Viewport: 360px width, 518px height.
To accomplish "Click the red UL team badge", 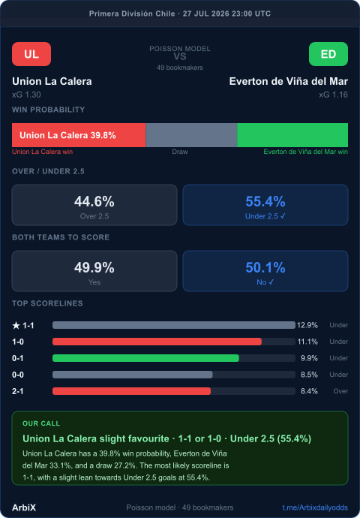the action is [x=31, y=54].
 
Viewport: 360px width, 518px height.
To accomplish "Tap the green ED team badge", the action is [x=328, y=54].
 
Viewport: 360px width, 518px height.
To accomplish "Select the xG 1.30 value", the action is [x=26, y=95].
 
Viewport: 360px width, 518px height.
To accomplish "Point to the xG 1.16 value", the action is [x=333, y=95].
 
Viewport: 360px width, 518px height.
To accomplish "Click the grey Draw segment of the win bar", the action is [x=191, y=135].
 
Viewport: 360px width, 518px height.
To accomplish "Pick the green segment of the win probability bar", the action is [x=292, y=135].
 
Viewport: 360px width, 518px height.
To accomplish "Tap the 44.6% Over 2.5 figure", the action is [x=94, y=201].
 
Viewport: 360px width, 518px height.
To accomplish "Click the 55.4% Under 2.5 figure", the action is [x=265, y=201].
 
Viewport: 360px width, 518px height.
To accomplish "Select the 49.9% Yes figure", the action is [x=94, y=267].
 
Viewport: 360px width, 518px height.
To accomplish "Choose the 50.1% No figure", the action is [x=265, y=267].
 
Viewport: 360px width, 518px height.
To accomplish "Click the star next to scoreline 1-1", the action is [x=16, y=325].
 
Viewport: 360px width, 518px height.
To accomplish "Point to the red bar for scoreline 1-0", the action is [x=157, y=342].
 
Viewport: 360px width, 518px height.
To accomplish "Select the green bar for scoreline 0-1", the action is [x=145, y=358].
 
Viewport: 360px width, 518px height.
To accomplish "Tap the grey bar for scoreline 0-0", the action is [x=133, y=375].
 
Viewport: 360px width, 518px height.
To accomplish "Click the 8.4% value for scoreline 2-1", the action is [x=309, y=391].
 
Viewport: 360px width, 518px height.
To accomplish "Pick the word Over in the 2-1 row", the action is [x=340, y=391].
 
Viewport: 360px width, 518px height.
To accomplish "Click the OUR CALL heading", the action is [x=41, y=423].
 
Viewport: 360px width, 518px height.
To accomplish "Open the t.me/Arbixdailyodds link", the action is [x=315, y=507].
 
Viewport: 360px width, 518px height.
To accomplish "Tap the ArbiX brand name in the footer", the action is [x=24, y=507].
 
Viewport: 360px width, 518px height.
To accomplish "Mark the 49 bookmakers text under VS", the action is [x=180, y=68].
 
